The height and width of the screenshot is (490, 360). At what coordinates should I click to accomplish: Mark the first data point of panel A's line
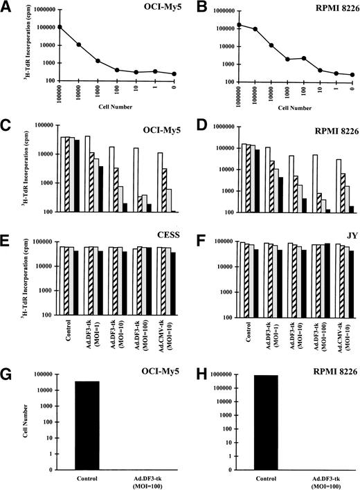(41, 28)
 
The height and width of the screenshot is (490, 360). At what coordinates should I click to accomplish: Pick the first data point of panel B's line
(219, 25)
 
